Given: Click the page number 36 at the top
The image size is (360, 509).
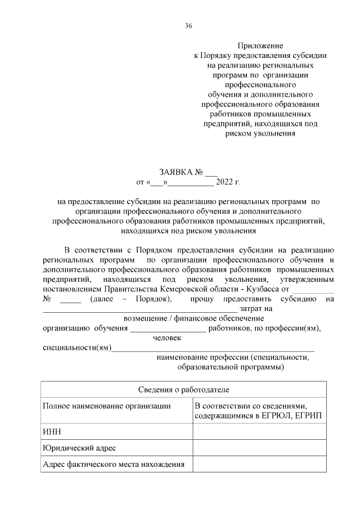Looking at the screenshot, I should tap(188, 25).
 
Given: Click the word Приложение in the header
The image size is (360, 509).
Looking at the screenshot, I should tap(260, 45).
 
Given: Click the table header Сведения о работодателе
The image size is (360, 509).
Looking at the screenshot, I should tap(183, 390).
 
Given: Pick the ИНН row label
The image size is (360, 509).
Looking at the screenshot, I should tap(52, 431).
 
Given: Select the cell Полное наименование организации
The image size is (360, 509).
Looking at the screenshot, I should tap(106, 406).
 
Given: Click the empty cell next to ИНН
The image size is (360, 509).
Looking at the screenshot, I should tap(259, 431).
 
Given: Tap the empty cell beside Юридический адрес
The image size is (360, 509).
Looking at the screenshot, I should tap(259, 448).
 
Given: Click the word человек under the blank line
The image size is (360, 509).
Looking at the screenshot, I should tap(167, 338).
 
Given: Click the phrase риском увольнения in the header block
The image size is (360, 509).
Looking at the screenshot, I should tap(260, 133).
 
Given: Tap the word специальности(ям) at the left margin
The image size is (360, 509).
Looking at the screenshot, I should tap(76, 348).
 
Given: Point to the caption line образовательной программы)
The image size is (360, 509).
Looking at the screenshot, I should tap(231, 367).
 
